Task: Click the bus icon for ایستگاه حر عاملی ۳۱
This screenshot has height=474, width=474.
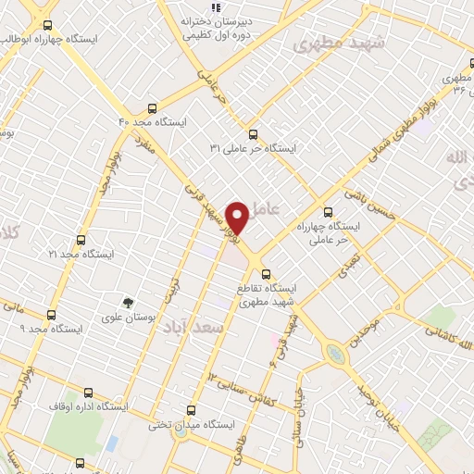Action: pos(254,131)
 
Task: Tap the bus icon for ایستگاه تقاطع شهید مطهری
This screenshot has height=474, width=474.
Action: pos(267,274)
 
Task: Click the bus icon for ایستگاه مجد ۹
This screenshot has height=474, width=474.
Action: pos(52,314)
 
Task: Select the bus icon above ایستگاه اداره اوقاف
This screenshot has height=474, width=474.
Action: pos(88,392)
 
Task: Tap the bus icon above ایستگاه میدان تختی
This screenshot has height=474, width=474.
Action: pos(192,409)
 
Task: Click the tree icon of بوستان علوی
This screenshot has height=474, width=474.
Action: pos(129,303)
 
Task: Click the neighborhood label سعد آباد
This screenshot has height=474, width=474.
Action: pos(193,329)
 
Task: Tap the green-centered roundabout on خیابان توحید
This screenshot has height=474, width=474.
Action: pos(332,353)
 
